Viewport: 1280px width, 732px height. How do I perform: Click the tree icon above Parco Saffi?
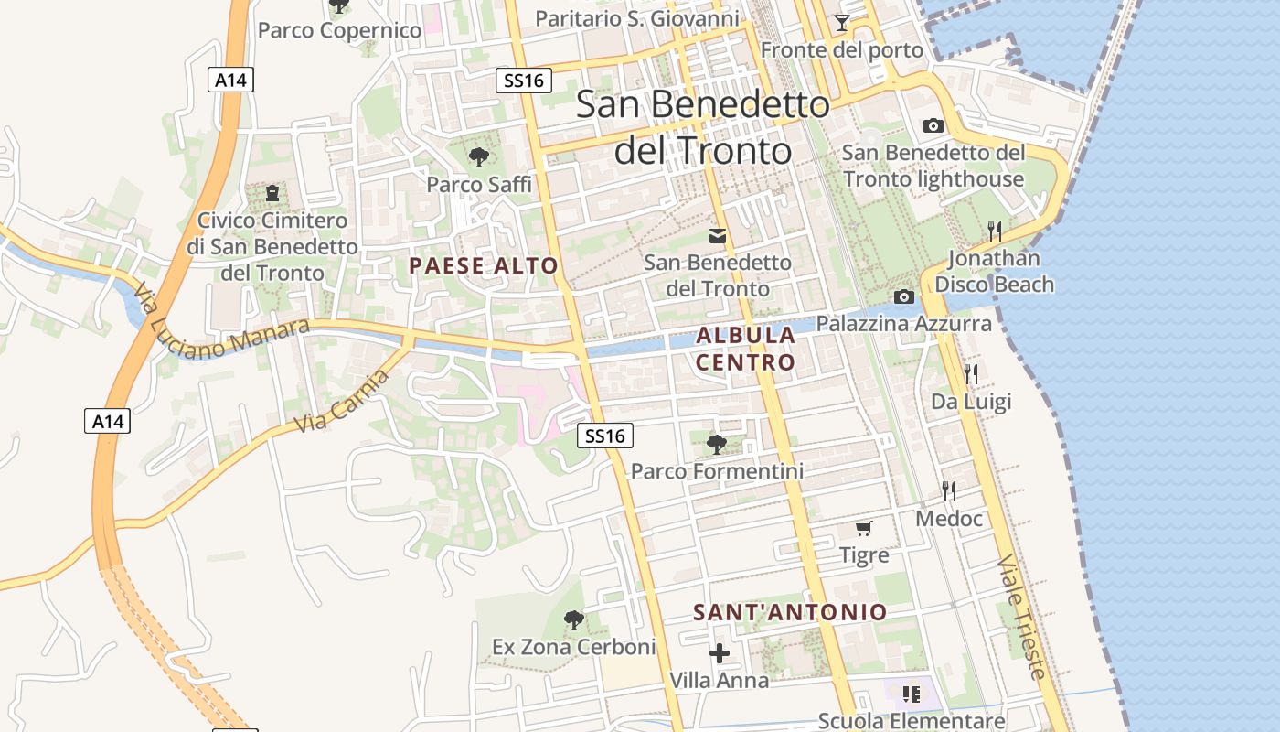pyautogui.click(x=478, y=157)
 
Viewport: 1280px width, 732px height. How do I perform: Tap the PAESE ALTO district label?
pyautogui.click(x=483, y=266)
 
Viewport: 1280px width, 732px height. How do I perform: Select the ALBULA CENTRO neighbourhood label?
pyautogui.click(x=745, y=349)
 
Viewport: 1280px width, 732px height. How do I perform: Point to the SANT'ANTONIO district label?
pyautogui.click(x=790, y=612)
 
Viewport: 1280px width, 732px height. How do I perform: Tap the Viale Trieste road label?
pyautogui.click(x=1021, y=616)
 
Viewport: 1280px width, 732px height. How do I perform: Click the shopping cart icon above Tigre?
pyautogui.click(x=863, y=529)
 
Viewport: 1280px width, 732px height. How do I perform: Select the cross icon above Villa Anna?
pyautogui.click(x=720, y=653)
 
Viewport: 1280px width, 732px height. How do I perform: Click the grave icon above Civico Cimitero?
pyautogui.click(x=272, y=193)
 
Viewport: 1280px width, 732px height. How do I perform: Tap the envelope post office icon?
pyautogui.click(x=718, y=236)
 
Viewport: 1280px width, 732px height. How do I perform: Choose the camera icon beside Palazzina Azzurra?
pyautogui.click(x=904, y=296)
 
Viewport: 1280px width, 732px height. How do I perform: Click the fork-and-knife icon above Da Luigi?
pyautogui.click(x=971, y=373)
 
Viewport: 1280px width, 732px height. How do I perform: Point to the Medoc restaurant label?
pyautogui.click(x=949, y=519)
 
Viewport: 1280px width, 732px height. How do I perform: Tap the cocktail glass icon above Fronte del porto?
pyautogui.click(x=842, y=23)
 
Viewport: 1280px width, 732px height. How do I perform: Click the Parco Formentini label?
pyautogui.click(x=717, y=471)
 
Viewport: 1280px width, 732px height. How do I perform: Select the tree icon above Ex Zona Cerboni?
pyautogui.click(x=573, y=620)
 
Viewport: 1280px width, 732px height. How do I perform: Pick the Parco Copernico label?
pyautogui.click(x=339, y=30)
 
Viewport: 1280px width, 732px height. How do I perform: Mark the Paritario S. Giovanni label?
pyautogui.click(x=636, y=18)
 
